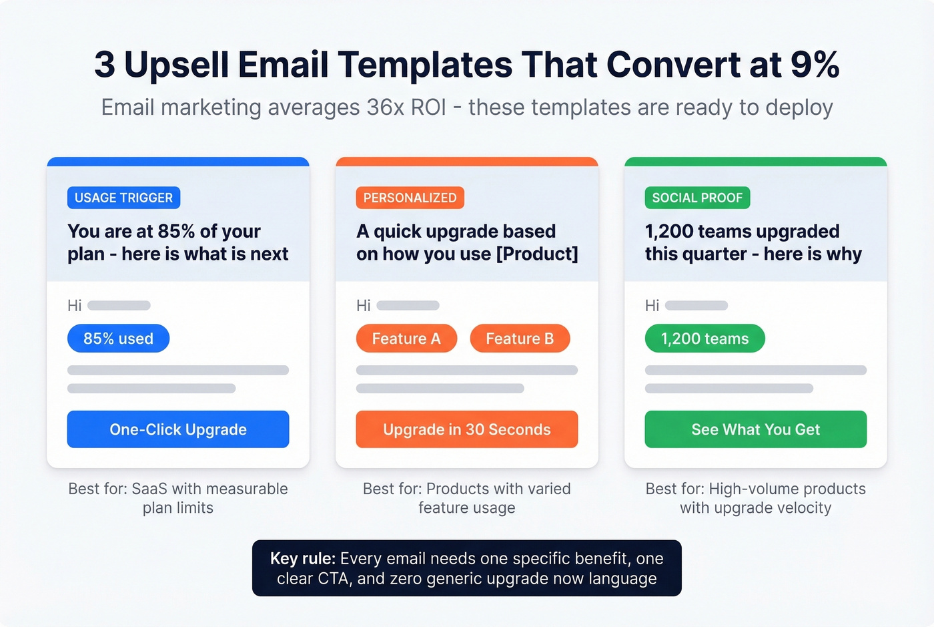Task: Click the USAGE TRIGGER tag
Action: [x=123, y=198]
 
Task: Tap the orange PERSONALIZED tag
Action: [x=410, y=198]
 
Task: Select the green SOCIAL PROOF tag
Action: [x=697, y=198]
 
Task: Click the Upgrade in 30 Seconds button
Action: [x=466, y=429]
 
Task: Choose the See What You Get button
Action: [x=755, y=429]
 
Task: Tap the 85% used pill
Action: [x=118, y=339]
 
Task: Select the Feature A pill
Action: [x=406, y=339]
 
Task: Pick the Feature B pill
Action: [x=520, y=339]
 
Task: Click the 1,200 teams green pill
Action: [x=705, y=339]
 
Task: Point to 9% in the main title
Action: [x=815, y=65]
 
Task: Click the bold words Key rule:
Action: [x=302, y=559]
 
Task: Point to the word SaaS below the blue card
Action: [x=149, y=489]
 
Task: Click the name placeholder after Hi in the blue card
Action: [x=119, y=306]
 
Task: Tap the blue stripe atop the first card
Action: [x=178, y=162]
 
